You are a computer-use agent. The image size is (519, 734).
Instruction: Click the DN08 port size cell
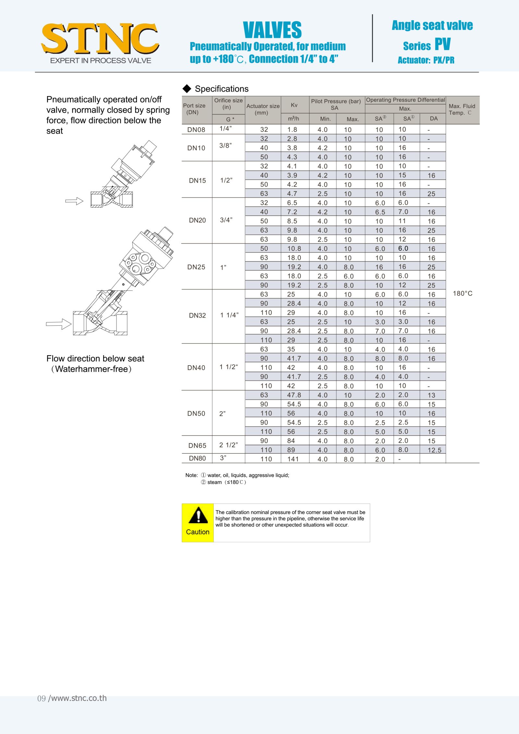pyautogui.click(x=196, y=130)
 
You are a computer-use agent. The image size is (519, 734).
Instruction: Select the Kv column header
pyautogui.click(x=294, y=105)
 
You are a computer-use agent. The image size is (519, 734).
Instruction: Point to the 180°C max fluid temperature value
pyautogui.click(x=463, y=294)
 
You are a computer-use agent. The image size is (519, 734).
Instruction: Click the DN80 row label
pyautogui.click(x=197, y=458)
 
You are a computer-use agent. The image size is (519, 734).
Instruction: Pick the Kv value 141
pyautogui.click(x=293, y=459)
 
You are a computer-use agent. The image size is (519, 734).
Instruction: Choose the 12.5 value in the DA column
pyautogui.click(x=434, y=450)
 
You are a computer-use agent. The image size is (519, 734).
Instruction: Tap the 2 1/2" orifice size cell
pyautogui.click(x=228, y=445)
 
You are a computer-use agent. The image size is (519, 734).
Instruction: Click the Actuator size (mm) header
pyautogui.click(x=263, y=109)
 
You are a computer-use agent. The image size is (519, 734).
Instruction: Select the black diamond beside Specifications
pyautogui.click(x=187, y=89)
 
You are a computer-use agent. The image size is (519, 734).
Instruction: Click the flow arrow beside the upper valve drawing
pyautogui.click(x=74, y=201)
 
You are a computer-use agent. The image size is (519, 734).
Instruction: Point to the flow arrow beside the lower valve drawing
pyautogui.click(x=59, y=324)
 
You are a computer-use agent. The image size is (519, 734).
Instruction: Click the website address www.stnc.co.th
pyautogui.click(x=77, y=698)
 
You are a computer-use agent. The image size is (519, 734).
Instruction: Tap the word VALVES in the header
pyautogui.click(x=272, y=30)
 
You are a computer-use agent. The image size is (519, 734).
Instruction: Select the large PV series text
pyautogui.click(x=442, y=44)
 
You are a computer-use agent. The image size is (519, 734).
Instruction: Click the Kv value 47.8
pyautogui.click(x=294, y=395)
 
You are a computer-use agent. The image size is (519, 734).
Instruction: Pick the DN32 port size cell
pyautogui.click(x=197, y=316)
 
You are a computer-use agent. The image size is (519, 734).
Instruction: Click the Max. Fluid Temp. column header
pyautogui.click(x=462, y=110)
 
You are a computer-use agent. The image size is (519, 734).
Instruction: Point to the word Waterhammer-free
pyautogui.click(x=91, y=369)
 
